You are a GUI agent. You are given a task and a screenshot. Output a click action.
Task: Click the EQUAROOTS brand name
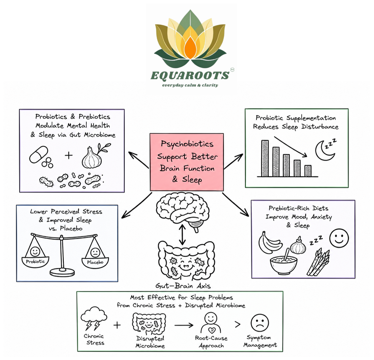(190, 76)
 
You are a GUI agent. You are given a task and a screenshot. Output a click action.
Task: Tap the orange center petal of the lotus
(190, 47)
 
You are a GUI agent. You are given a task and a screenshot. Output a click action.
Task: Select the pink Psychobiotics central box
(187, 162)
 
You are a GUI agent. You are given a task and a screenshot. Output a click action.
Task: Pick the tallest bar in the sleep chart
(265, 158)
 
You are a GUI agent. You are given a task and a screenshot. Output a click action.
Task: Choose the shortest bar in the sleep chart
(308, 171)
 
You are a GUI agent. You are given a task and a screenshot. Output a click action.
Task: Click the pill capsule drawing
(39, 155)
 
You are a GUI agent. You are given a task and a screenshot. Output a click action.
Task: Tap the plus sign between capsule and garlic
(69, 155)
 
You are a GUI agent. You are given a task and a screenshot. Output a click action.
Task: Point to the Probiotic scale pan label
(35, 262)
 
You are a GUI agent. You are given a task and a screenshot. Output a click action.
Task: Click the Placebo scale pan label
(95, 262)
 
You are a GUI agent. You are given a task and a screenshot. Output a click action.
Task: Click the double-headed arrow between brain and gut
(183, 235)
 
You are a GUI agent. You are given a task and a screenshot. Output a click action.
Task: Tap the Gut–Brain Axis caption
(183, 286)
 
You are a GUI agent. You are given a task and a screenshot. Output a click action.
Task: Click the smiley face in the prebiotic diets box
(339, 238)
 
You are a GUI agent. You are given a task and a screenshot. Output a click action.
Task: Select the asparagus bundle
(318, 262)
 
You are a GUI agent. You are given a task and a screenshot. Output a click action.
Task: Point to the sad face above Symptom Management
(260, 323)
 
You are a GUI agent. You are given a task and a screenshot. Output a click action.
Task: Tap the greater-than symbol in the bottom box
(238, 325)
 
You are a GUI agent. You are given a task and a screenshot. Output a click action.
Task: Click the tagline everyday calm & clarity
(190, 85)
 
